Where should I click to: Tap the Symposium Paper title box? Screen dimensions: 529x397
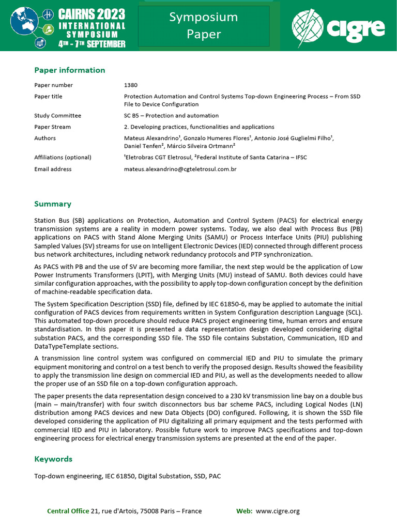[x=204, y=26]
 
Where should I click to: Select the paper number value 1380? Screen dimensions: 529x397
[x=131, y=85]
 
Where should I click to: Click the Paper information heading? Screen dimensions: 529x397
[x=69, y=70]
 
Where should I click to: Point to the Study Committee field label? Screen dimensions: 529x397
[x=57, y=116]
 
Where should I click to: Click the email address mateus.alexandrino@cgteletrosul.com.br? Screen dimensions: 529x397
[x=180, y=169]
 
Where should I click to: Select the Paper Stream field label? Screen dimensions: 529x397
[x=52, y=127]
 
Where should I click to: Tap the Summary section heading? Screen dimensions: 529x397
[x=53, y=204]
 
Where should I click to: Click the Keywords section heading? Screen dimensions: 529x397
[x=53, y=459]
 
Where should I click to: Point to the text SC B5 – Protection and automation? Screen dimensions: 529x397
[x=171, y=116]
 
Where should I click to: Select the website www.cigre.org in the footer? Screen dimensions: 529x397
[x=278, y=511]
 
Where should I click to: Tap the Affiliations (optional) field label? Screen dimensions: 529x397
[x=63, y=158]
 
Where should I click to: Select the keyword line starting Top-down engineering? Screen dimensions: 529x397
[x=127, y=476]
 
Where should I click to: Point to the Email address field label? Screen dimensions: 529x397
[x=53, y=169]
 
